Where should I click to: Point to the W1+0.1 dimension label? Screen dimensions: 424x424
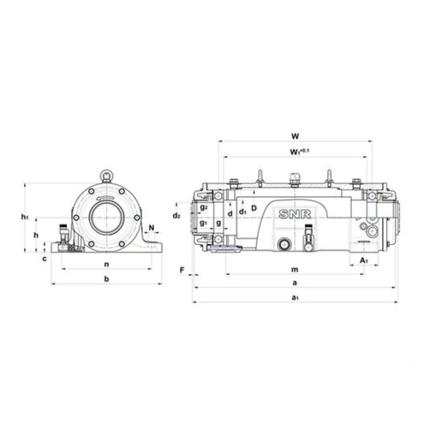click(297, 151)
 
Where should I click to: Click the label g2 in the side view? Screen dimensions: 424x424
click(203, 207)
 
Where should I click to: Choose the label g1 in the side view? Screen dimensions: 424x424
click(204, 223)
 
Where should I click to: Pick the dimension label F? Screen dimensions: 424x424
click(182, 270)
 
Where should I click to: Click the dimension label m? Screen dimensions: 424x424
click(295, 270)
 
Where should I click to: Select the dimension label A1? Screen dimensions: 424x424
click(364, 261)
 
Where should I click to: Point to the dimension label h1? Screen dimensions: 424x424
click(25, 216)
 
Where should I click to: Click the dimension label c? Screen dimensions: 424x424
click(44, 258)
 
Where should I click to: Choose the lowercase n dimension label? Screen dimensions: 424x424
click(106, 264)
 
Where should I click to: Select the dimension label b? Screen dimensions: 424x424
click(106, 280)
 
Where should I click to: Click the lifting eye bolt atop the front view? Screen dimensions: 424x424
click(106, 174)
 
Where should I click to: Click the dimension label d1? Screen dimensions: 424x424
click(242, 211)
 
